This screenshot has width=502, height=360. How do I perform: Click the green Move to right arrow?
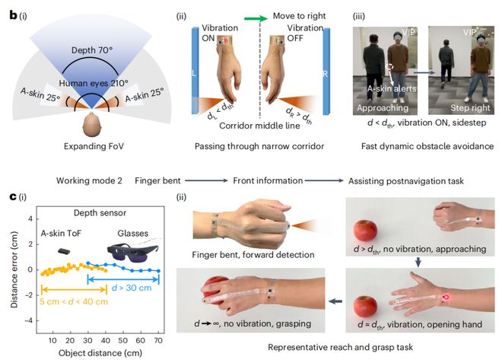click(x=256, y=18)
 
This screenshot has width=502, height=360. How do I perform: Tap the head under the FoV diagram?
click(x=91, y=126)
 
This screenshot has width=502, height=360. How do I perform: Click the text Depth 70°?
click(x=92, y=50)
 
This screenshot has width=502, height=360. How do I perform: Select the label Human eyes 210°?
click(x=94, y=83)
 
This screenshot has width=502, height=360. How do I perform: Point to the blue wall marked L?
click(x=195, y=71)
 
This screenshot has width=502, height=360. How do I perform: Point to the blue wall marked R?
click(x=326, y=72)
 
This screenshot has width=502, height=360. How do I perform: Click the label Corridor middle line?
click(x=259, y=126)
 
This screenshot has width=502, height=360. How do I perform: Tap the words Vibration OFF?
click(x=305, y=33)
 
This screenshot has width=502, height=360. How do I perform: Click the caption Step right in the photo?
click(x=470, y=108)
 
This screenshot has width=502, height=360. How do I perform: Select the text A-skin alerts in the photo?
click(x=392, y=89)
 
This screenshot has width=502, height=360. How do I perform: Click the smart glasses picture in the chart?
click(x=132, y=251)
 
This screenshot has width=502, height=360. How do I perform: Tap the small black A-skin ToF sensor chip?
click(x=64, y=251)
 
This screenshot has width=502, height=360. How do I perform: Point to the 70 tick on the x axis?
click(x=158, y=340)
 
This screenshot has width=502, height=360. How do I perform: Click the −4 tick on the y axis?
click(x=29, y=320)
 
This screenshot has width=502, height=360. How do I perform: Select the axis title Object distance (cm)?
click(x=100, y=353)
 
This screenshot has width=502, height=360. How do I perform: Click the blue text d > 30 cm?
click(x=132, y=288)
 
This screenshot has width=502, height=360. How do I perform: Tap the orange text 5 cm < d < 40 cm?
click(x=74, y=301)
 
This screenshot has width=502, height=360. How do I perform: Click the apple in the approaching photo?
click(x=365, y=231)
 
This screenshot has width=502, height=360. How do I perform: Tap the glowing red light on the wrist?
click(x=446, y=298)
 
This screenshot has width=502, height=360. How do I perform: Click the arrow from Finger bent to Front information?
click(x=206, y=180)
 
